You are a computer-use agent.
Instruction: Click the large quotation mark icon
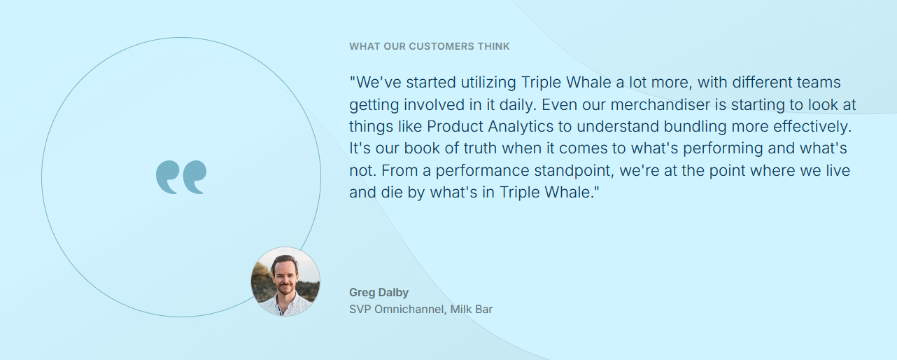[x=181, y=177]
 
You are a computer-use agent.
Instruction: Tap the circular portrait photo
[x=285, y=282]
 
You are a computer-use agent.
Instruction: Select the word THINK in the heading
[x=494, y=46]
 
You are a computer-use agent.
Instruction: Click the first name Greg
[x=362, y=293]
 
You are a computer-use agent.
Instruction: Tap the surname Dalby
[x=394, y=293]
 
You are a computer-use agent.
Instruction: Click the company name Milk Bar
[x=472, y=310]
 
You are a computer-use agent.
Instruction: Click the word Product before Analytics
[x=455, y=127]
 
